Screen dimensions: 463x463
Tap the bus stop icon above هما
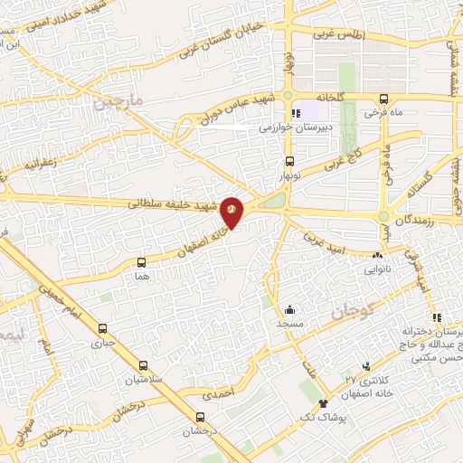(140, 262)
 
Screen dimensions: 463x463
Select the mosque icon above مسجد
(288, 309)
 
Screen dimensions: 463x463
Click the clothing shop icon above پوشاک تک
(324, 401)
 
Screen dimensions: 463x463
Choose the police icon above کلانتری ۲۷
(366, 365)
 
